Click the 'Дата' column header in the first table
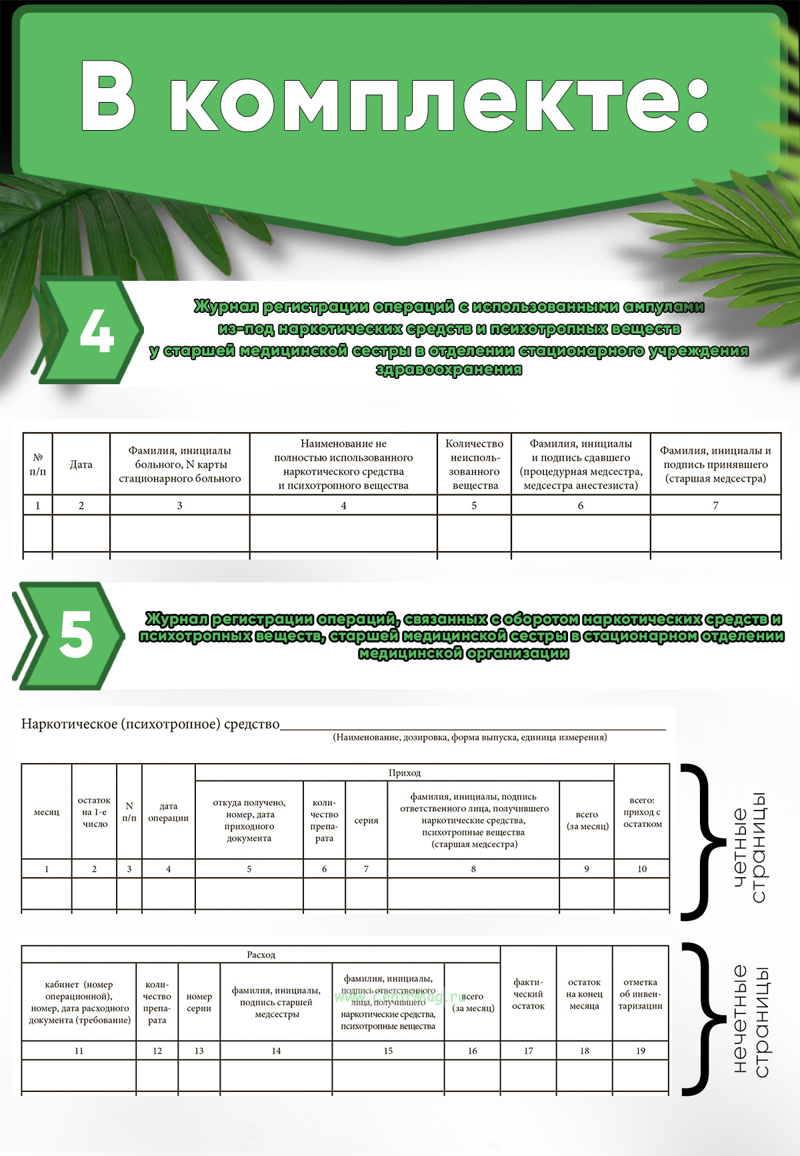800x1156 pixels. click(x=81, y=464)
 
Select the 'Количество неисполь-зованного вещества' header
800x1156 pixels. click(x=475, y=464)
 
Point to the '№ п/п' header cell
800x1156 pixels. click(x=38, y=464)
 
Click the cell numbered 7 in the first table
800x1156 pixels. click(x=715, y=506)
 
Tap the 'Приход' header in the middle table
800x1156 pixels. click(x=405, y=772)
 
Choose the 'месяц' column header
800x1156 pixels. click(x=47, y=812)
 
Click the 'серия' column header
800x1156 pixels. click(x=366, y=820)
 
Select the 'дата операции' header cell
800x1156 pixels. click(x=169, y=812)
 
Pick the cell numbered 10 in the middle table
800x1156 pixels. click(x=642, y=869)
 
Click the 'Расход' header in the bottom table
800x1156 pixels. click(x=261, y=955)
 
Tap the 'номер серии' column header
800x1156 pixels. click(x=199, y=1002)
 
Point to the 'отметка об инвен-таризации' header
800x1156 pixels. click(x=640, y=994)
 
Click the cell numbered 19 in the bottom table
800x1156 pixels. click(x=641, y=1051)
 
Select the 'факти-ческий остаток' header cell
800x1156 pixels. click(x=528, y=994)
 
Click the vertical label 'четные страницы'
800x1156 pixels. click(x=749, y=847)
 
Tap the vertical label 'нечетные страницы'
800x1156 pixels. click(x=751, y=1021)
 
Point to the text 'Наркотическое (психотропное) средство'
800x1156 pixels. click(x=151, y=724)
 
